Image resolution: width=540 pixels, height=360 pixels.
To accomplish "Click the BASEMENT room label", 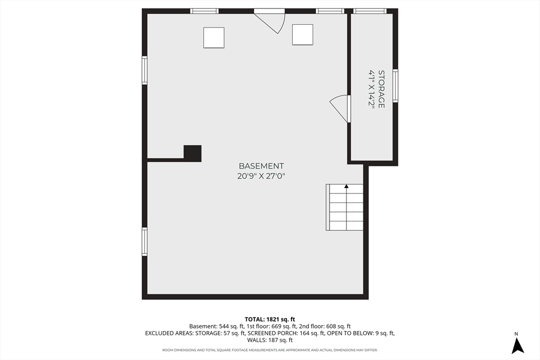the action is [x=262, y=166].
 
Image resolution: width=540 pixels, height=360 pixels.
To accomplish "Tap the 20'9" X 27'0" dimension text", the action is [x=262, y=176].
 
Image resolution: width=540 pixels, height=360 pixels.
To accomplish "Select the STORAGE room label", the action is [x=381, y=89].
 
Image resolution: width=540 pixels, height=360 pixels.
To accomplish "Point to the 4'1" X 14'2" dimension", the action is [x=372, y=89].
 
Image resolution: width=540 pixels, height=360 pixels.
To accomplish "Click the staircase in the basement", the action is [x=344, y=207].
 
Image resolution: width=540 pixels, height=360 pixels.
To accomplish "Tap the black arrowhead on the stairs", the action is [x=346, y=187].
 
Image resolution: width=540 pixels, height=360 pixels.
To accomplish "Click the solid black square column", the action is [x=192, y=153].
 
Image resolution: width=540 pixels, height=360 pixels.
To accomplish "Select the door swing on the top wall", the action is [x=269, y=21].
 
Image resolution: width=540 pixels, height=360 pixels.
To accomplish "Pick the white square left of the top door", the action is [x=214, y=38].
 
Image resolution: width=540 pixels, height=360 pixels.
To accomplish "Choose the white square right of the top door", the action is [x=303, y=35].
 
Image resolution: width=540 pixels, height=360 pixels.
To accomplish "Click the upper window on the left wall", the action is [x=144, y=70].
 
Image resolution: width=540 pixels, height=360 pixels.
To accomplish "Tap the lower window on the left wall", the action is [x=144, y=241].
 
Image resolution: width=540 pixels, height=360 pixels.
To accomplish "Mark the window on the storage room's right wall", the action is [x=396, y=86].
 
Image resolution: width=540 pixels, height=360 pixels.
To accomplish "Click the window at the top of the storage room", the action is [x=370, y=12].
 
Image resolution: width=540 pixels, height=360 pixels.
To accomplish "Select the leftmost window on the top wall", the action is [x=205, y=12].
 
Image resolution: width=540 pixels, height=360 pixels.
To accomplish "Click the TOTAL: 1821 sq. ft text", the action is [x=269, y=319].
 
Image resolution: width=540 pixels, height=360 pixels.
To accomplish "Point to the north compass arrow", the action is [x=517, y=346].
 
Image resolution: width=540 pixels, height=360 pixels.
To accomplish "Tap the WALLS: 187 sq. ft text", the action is [x=270, y=340].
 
